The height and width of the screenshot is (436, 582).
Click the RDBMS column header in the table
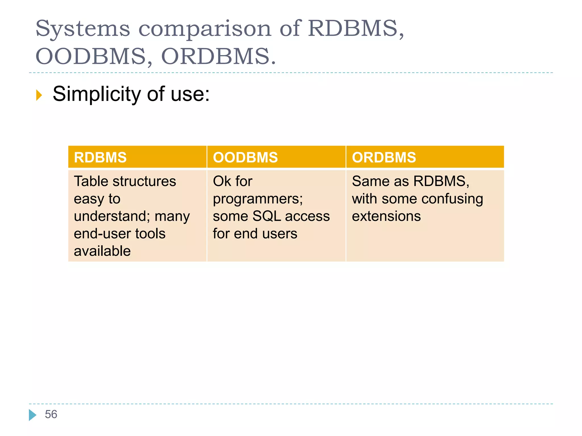(100, 157)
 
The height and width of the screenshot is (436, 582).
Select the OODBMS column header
(245, 157)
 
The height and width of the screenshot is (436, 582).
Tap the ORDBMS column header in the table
(384, 157)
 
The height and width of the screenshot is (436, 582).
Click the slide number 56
(51, 414)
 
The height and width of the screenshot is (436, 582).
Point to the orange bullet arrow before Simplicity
(39, 95)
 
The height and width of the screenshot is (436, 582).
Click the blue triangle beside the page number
(33, 415)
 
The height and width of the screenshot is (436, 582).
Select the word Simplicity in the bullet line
(97, 94)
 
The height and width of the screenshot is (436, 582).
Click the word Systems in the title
(83, 29)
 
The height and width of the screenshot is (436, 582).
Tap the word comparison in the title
(205, 29)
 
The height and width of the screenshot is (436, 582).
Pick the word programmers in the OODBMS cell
(257, 199)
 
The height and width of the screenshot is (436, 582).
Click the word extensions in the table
(386, 216)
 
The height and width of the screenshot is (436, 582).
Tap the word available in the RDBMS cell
(102, 251)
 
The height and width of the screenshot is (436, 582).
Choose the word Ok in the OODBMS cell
(222, 181)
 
